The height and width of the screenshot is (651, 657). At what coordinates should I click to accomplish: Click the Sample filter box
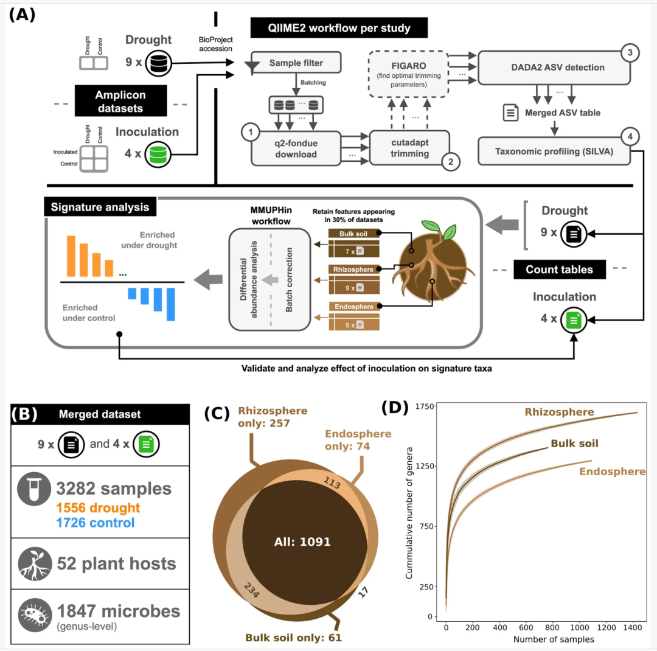click(x=296, y=63)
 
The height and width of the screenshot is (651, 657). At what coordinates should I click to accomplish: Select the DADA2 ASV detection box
click(x=554, y=68)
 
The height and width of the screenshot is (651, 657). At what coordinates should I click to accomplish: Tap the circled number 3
click(x=630, y=53)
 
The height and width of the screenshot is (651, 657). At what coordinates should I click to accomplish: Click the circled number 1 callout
click(x=251, y=133)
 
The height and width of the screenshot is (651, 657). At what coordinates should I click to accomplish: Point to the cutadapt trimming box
click(x=409, y=148)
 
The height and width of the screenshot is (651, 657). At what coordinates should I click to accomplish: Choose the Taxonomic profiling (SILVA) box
click(x=554, y=151)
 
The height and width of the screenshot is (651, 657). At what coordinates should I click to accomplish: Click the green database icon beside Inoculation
click(x=158, y=155)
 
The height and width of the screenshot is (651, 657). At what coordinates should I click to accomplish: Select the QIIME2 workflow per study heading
click(x=339, y=28)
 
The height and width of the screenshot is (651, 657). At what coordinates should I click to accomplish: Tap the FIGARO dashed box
click(x=409, y=74)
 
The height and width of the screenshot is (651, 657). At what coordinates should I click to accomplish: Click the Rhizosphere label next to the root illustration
click(x=353, y=270)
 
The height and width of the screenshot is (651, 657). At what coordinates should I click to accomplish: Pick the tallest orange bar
click(x=71, y=256)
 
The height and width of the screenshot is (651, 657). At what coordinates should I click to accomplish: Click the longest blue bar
click(x=170, y=304)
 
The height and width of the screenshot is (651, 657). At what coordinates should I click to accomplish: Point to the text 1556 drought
click(x=98, y=507)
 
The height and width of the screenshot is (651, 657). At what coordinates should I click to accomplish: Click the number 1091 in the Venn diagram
click(x=315, y=541)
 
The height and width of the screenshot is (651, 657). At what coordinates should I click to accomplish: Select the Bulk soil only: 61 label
click(x=293, y=638)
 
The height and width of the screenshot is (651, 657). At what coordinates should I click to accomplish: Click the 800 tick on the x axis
click(x=552, y=627)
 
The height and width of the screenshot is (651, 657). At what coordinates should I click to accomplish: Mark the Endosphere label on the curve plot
click(x=612, y=472)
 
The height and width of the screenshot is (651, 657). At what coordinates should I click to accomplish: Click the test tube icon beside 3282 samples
click(x=34, y=489)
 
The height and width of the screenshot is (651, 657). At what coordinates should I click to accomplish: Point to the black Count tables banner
click(x=560, y=270)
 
